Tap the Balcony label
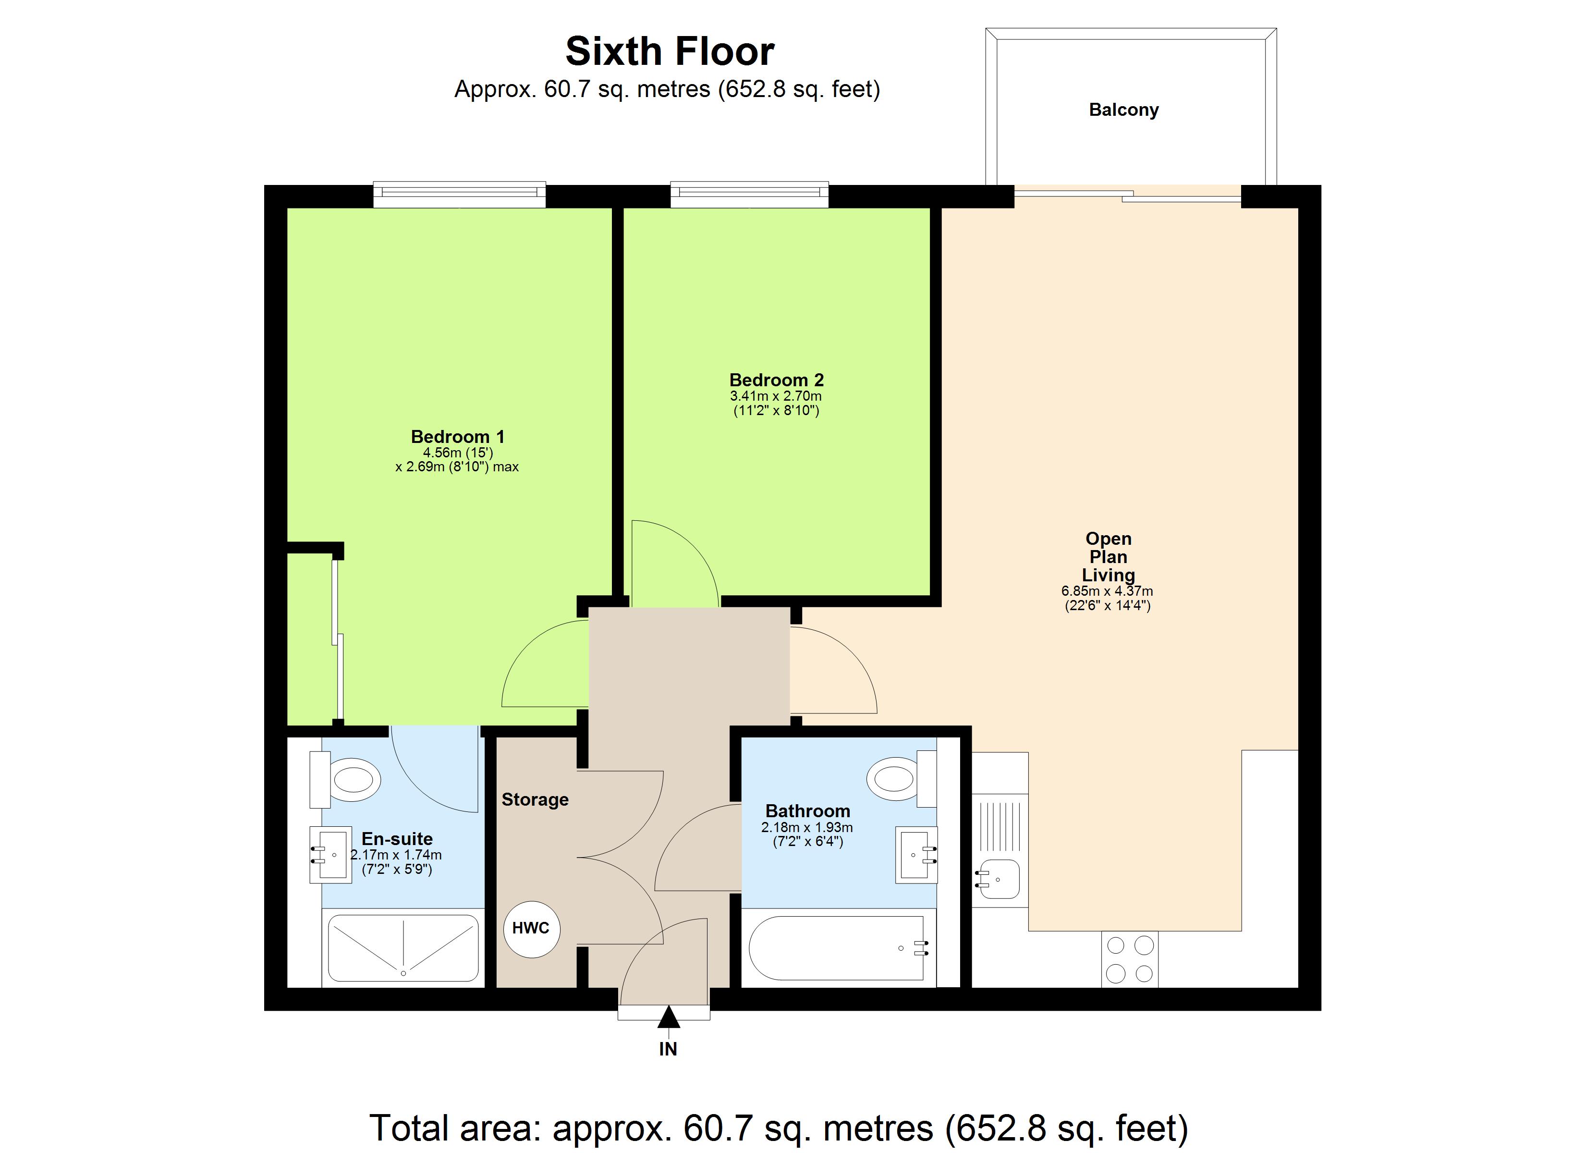tap(1123, 110)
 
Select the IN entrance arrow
tap(668, 1018)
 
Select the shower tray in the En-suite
tap(403, 948)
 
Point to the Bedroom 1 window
tap(459, 195)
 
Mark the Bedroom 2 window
tap(749, 195)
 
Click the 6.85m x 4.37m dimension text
tap(1107, 591)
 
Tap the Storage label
tap(535, 799)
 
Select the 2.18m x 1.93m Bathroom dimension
tap(807, 827)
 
